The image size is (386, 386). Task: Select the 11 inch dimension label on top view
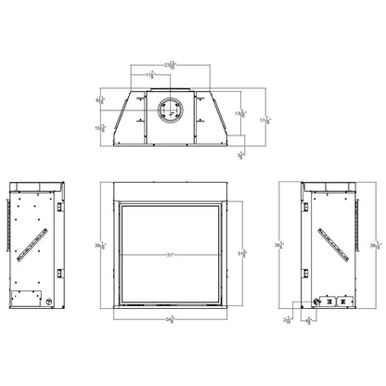click(148, 73)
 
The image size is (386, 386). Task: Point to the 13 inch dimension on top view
click(240, 113)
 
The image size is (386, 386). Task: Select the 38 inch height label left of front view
click(100, 247)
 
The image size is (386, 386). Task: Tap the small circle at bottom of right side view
click(321, 301)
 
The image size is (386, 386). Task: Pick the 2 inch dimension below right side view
click(287, 320)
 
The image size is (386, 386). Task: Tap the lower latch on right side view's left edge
click(310, 271)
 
